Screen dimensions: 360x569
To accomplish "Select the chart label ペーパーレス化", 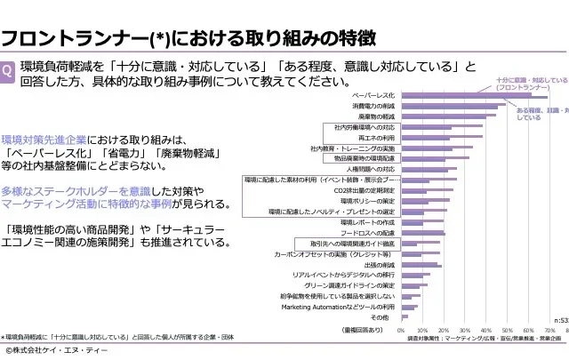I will (373, 95).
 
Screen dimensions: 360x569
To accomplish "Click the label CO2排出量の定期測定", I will (365, 190).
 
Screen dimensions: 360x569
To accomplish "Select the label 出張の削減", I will (380, 264).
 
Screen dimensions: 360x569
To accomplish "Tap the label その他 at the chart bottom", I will (380, 317).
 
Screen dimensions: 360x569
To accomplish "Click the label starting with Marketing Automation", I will (338, 307).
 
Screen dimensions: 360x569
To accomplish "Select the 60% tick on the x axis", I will (528, 330).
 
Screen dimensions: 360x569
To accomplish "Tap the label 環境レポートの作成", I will (367, 222).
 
